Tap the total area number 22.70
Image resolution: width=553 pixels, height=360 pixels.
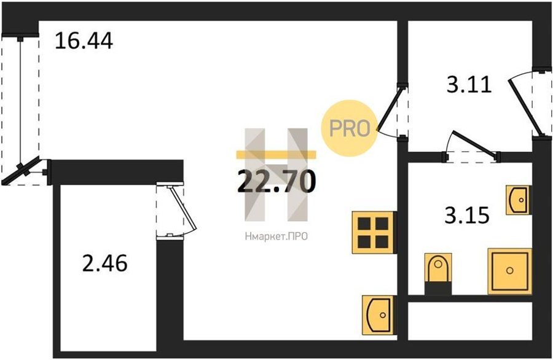[276, 181]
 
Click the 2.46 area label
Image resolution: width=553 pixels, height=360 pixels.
[104, 264]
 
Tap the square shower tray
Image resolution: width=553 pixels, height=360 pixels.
[509, 270]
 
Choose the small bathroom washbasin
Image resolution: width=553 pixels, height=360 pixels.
[518, 200]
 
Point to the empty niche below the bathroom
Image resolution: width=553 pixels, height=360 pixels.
[469, 319]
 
